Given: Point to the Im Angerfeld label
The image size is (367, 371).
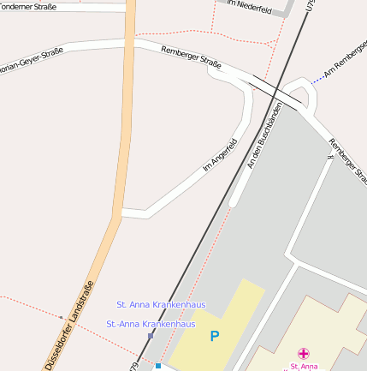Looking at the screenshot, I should click(218, 154).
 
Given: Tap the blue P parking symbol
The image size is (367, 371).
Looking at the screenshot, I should click(214, 337).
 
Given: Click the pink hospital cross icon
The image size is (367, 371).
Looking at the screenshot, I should click(304, 353).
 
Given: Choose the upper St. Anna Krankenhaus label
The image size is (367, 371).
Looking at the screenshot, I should click(161, 304).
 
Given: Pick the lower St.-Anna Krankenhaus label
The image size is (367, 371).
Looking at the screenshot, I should click(151, 324).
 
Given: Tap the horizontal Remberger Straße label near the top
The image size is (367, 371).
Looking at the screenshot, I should click(190, 60).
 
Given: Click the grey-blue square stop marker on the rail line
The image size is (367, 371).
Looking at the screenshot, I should click(151, 336).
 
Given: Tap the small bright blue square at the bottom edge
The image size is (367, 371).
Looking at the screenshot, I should click(158, 366).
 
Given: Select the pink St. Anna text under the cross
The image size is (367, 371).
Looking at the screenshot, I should click(304, 366).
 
